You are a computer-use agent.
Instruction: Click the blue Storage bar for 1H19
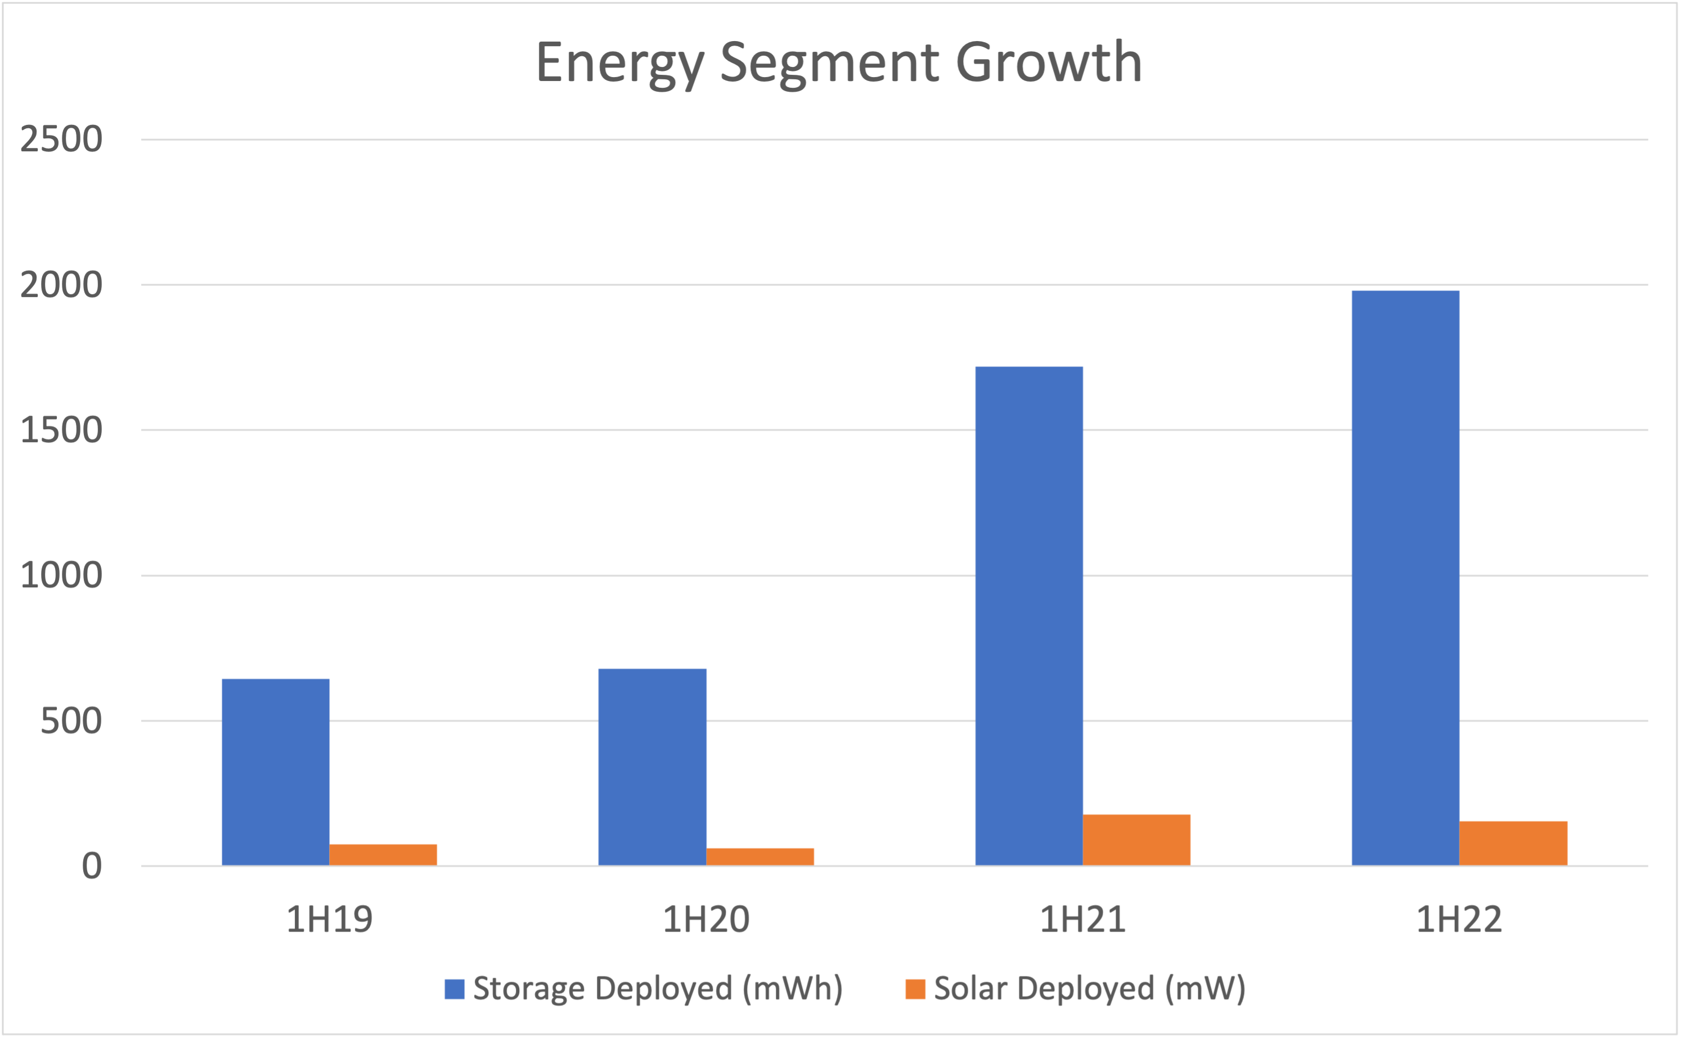tap(276, 772)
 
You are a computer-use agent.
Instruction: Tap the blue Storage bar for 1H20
tap(652, 766)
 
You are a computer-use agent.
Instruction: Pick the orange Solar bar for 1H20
tap(759, 856)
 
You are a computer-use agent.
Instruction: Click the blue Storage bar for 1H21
tap(1029, 616)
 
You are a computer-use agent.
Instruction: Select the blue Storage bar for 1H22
tap(1405, 577)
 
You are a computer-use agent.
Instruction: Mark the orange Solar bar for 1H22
tap(1513, 843)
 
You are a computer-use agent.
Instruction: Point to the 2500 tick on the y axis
tap(61, 140)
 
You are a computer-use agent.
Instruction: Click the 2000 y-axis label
tap(61, 285)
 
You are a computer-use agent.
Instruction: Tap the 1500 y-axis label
tap(61, 430)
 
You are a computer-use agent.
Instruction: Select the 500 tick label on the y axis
tap(71, 721)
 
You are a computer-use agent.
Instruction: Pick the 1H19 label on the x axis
tap(329, 919)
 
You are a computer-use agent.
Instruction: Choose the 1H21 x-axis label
tap(1082, 919)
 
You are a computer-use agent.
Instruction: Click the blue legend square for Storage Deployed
tap(454, 989)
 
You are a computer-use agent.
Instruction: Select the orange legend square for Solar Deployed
tap(915, 989)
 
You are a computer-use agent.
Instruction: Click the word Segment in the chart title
tap(829, 63)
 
